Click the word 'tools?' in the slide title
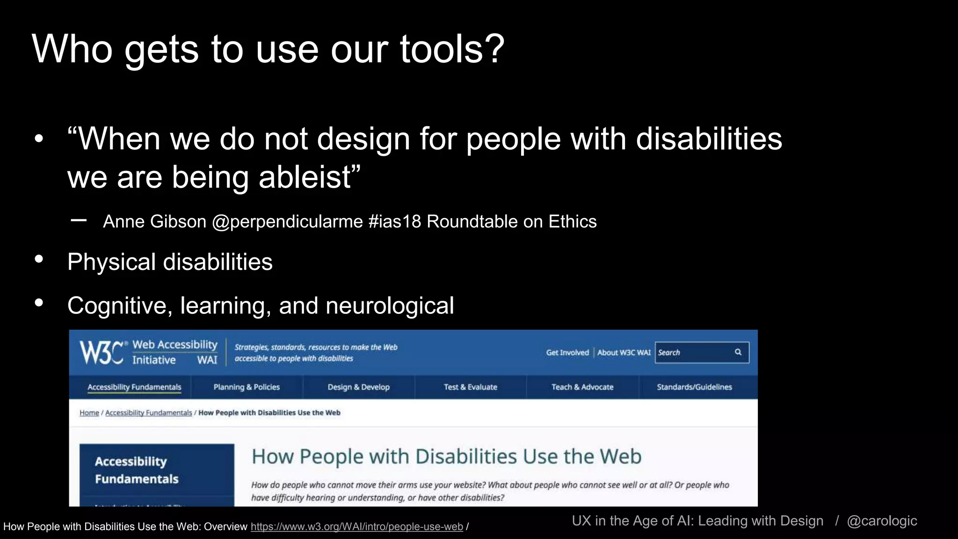pyautogui.click(x=452, y=49)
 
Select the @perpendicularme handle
pyautogui.click(x=287, y=221)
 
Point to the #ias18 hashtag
pyautogui.click(x=395, y=221)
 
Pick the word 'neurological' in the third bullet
pyautogui.click(x=390, y=306)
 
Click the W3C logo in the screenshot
pyautogui.click(x=102, y=352)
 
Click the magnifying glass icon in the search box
pyautogui.click(x=738, y=352)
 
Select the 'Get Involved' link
pyautogui.click(x=567, y=353)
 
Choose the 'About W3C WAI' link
pyautogui.click(x=624, y=353)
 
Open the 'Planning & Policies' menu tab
pyautogui.click(x=247, y=387)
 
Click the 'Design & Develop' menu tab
pyautogui.click(x=358, y=387)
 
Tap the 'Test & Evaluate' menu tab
pyautogui.click(x=470, y=387)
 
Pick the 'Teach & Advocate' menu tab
pyautogui.click(x=582, y=387)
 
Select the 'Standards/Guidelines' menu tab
pyautogui.click(x=694, y=387)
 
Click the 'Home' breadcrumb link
pyautogui.click(x=89, y=413)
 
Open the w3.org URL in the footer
pyautogui.click(x=356, y=527)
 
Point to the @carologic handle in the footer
pyautogui.click(x=882, y=521)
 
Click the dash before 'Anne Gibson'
pyautogui.click(x=79, y=220)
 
